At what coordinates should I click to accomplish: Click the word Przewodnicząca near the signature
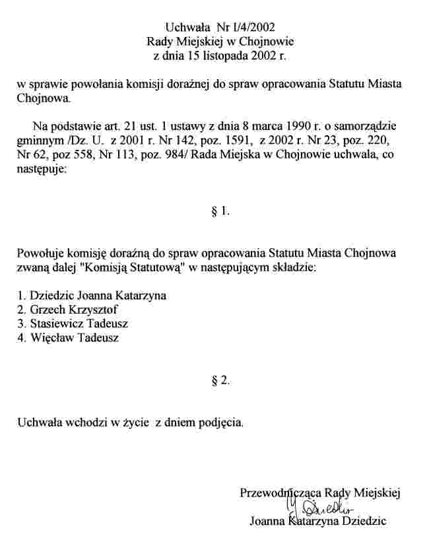click(x=276, y=493)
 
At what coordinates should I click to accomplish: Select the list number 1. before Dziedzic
click(x=22, y=295)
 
